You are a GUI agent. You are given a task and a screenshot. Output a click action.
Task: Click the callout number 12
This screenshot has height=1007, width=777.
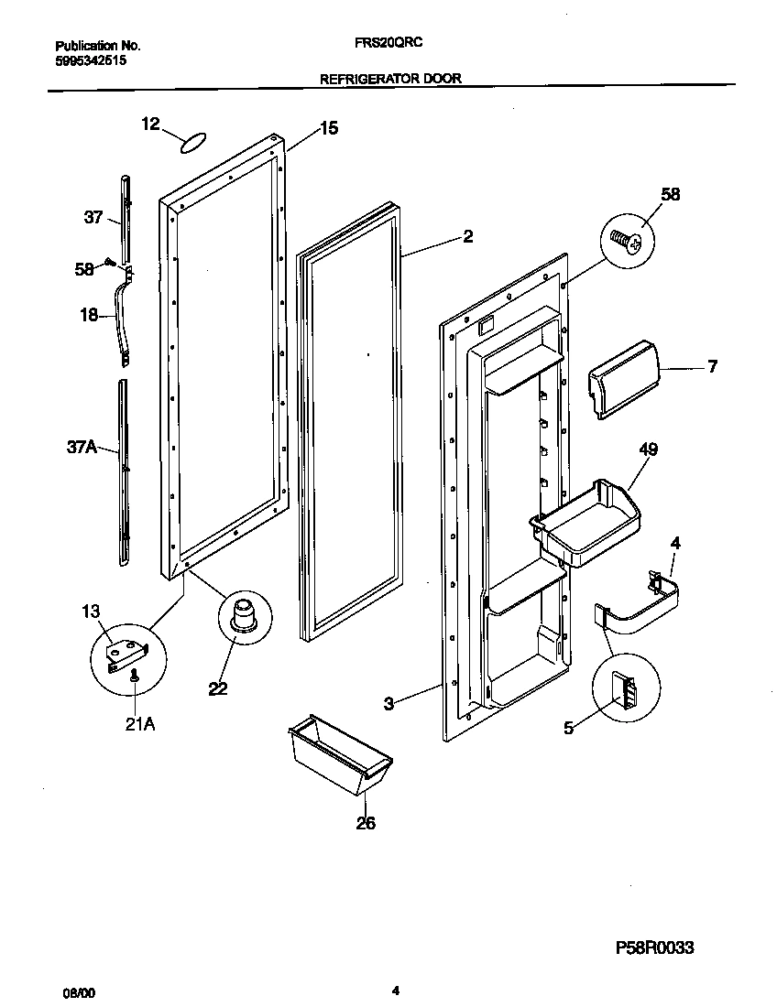click(x=151, y=124)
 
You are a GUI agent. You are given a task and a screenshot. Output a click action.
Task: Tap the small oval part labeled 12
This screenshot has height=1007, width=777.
click(x=192, y=142)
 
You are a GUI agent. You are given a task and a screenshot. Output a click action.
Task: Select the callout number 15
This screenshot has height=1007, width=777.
click(x=328, y=129)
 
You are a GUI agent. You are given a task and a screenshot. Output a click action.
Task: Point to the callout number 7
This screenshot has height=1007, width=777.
click(x=711, y=367)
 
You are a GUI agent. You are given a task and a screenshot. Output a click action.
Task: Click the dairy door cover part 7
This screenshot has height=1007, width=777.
click(x=623, y=377)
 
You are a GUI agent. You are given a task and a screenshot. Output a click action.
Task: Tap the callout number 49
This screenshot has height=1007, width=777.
click(x=648, y=449)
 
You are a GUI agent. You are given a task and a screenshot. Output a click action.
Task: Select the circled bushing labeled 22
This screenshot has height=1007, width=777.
click(x=244, y=615)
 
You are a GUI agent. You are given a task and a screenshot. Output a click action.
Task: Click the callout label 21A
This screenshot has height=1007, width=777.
click(x=139, y=725)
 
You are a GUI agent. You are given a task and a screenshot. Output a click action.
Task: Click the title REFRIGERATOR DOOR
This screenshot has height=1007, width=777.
click(x=389, y=80)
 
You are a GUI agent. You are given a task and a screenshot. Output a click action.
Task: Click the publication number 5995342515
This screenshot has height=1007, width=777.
click(x=91, y=61)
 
